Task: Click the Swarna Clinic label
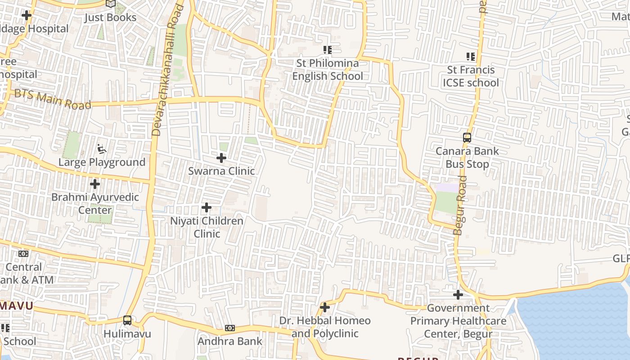click(x=221, y=171)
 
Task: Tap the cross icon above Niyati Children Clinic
click(x=207, y=207)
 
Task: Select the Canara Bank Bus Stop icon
click(x=467, y=138)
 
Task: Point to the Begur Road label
click(x=460, y=205)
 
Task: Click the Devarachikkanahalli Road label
click(x=167, y=70)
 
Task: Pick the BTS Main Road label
click(x=53, y=99)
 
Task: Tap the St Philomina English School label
click(x=327, y=70)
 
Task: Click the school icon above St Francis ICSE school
click(x=471, y=57)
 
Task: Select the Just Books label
click(x=111, y=18)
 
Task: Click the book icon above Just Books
click(x=111, y=4)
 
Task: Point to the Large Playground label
click(x=102, y=162)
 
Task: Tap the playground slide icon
click(x=102, y=148)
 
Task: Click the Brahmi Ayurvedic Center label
click(x=95, y=203)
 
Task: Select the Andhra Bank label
click(x=229, y=341)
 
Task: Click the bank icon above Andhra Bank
click(x=229, y=328)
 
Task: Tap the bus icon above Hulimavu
click(x=127, y=320)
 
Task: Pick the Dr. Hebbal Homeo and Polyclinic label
click(x=325, y=327)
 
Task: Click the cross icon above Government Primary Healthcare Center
click(x=458, y=295)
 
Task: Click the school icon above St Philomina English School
click(x=327, y=49)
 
